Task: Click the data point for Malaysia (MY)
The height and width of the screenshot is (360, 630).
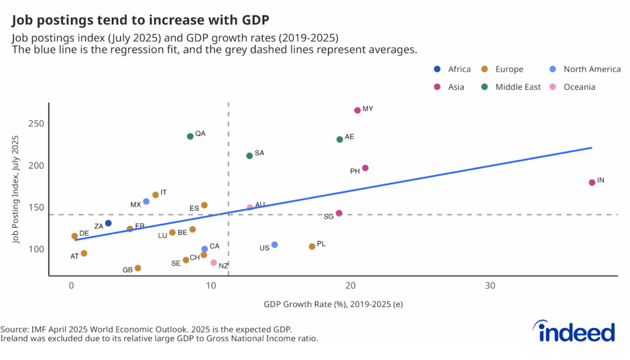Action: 357,110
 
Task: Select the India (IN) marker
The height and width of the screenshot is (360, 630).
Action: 592,182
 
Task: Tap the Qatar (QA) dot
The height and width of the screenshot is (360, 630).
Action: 190,136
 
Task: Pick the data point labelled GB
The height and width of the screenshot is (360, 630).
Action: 138,268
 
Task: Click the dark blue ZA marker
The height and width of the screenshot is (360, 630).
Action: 108,223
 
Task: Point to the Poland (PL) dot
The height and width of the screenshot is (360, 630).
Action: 312,246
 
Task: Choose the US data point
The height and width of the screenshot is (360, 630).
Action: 274,245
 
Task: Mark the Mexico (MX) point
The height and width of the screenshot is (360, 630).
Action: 146,201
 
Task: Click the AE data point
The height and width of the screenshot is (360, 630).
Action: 340,139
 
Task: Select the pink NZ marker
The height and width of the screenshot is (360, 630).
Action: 213,263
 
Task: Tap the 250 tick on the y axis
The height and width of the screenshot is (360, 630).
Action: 36,124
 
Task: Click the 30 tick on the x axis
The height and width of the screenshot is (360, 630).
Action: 490,286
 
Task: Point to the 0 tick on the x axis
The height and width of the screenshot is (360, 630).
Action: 72,286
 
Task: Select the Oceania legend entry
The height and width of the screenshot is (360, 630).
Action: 579,87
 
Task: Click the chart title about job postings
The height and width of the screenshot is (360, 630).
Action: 132,20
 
